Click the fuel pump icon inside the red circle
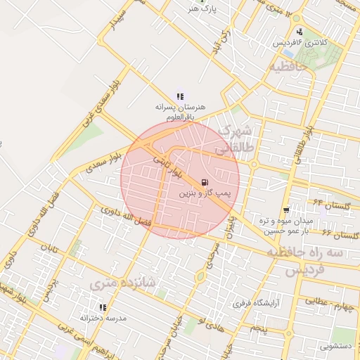(204, 181)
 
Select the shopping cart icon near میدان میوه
(285, 210)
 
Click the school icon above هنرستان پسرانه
(180, 96)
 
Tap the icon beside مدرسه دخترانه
(103, 307)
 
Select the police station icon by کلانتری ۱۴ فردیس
(300, 32)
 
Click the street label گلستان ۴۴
(332, 204)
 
